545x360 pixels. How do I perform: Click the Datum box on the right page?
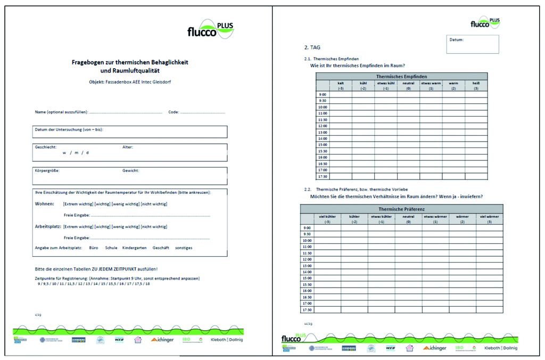pos(473,44)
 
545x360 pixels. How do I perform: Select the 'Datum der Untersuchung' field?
pos(129,132)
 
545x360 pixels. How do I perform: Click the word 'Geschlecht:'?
pos(46,147)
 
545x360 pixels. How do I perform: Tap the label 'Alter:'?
pos(128,147)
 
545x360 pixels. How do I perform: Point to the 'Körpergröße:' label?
pos(47,170)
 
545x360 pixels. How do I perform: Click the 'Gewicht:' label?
pos(131,170)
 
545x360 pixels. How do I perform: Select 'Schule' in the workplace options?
pos(111,248)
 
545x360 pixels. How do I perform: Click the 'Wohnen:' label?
pos(44,203)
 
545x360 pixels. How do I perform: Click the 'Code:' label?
pos(174,112)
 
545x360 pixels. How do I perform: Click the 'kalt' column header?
pos(341,83)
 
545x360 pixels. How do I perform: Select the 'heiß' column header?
pos(476,83)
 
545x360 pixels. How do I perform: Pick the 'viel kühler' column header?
pos(327,216)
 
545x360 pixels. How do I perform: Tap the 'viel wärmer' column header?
pos(490,216)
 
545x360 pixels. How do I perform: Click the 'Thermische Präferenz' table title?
pos(401,209)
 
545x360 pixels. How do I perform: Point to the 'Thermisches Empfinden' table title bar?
pos(401,77)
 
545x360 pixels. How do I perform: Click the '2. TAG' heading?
pos(312,47)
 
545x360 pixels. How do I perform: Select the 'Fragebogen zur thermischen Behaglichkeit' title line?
pos(130,62)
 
